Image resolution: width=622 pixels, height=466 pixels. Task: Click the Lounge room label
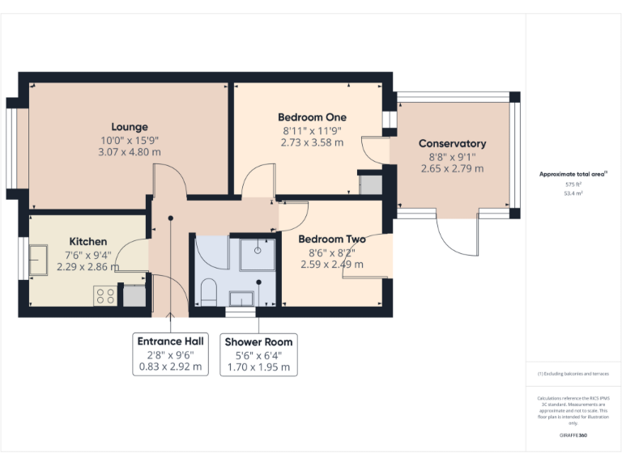pyautogui.click(x=130, y=126)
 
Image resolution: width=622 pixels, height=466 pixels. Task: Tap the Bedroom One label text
pyautogui.click(x=312, y=116)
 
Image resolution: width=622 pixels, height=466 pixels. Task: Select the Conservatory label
pyautogui.click(x=452, y=143)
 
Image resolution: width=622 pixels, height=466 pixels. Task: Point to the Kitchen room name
pyautogui.click(x=87, y=241)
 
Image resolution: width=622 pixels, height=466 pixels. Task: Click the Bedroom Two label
pyautogui.click(x=332, y=239)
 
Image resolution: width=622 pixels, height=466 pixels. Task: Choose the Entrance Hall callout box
pyautogui.click(x=171, y=354)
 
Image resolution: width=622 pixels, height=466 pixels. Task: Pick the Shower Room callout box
pyautogui.click(x=258, y=354)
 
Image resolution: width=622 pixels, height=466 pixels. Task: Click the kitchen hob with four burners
pyautogui.click(x=105, y=295)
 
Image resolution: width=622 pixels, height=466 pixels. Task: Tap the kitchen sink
pyautogui.click(x=38, y=260)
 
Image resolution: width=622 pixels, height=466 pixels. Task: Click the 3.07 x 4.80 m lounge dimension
pyautogui.click(x=130, y=151)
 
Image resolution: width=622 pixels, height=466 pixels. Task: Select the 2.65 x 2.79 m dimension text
pyautogui.click(x=452, y=168)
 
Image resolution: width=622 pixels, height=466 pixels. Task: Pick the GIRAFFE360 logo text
pyautogui.click(x=573, y=436)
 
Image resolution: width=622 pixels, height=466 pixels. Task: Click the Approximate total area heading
pyautogui.click(x=573, y=174)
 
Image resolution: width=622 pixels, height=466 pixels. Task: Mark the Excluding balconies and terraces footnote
pyautogui.click(x=573, y=374)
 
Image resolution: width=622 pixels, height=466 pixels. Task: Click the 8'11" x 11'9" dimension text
pyautogui.click(x=312, y=129)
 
